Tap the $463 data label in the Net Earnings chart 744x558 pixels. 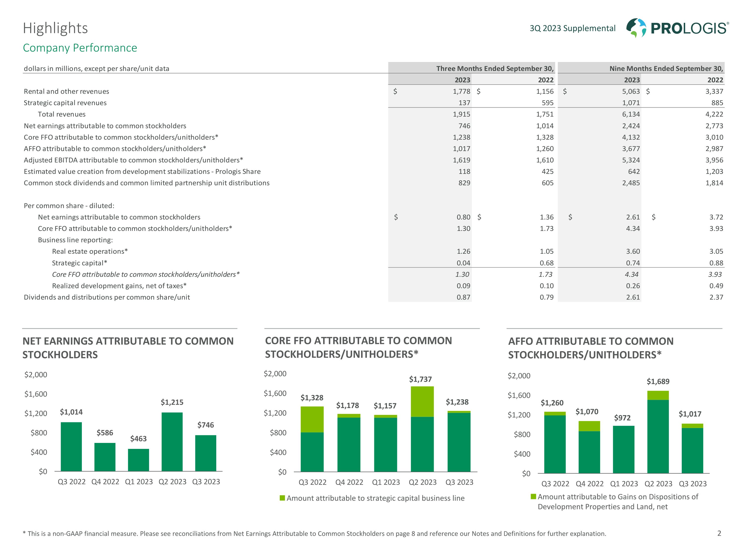click(138, 439)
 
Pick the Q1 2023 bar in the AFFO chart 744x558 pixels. click(623, 449)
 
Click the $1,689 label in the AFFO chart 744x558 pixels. click(658, 381)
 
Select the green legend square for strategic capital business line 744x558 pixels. click(282, 498)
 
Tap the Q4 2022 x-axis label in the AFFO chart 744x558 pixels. click(589, 484)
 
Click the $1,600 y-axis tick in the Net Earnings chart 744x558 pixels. click(36, 394)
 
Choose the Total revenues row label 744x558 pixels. click(62, 114)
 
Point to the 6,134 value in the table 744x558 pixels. click(631, 114)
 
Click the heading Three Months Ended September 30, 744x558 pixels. click(495, 69)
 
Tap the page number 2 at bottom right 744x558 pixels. click(719, 533)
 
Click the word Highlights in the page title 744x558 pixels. click(55, 28)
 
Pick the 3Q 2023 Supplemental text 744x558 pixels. click(572, 28)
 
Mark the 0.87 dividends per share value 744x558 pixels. click(463, 297)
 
